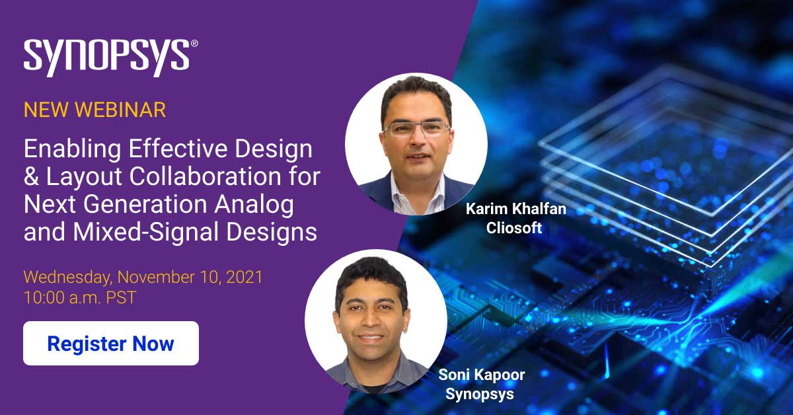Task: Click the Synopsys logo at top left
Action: pos(106,57)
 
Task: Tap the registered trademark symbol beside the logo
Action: pos(194,43)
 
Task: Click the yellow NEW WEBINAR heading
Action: pos(94,110)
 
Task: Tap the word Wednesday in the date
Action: pos(67,278)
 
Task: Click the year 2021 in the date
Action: pos(245,277)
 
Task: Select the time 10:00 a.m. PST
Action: pos(80,297)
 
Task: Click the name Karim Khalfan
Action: pos(516,209)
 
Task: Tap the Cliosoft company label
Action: pos(514,228)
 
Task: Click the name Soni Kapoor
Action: pos(482,375)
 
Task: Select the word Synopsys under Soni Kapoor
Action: pos(480,395)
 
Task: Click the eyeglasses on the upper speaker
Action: pos(416,130)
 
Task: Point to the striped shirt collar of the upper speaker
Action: pos(418,193)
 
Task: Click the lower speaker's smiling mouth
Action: pos(370,338)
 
